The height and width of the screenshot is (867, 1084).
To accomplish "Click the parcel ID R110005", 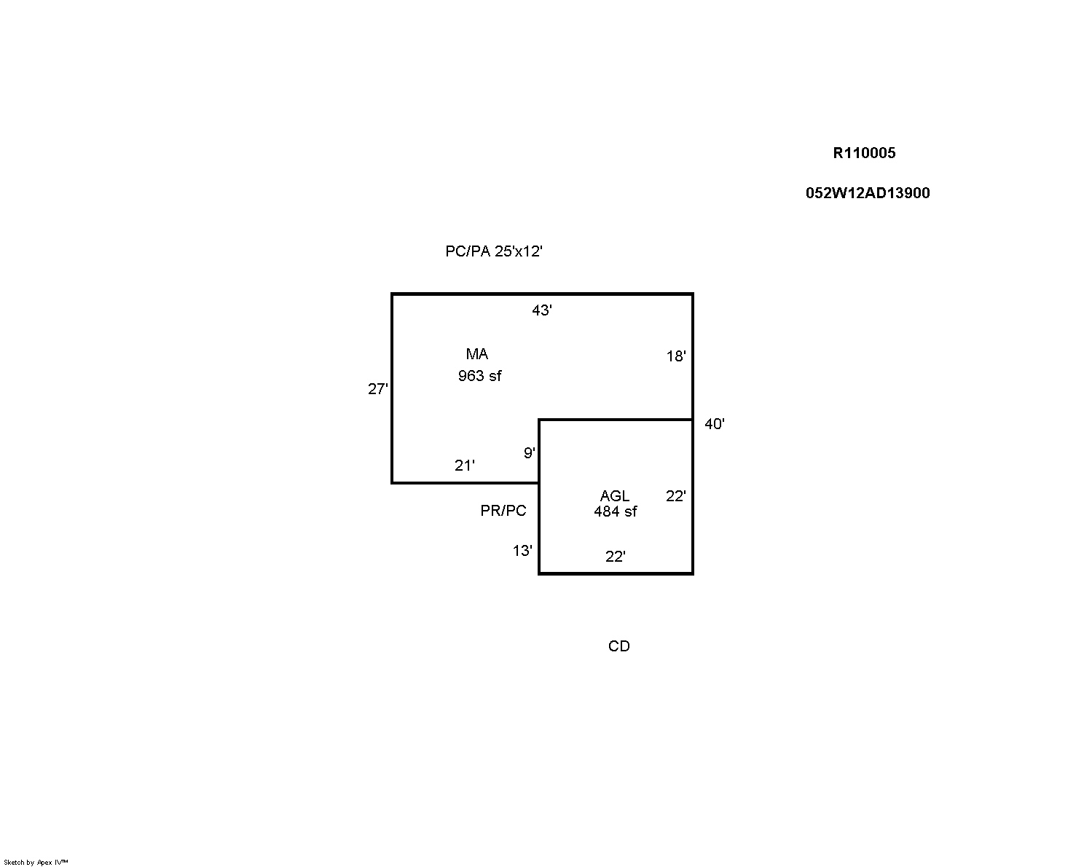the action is [864, 153].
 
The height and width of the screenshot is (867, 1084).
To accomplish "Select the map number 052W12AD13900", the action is [868, 193].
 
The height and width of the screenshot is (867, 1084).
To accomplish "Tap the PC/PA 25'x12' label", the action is [494, 251].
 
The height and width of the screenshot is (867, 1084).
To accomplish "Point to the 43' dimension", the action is [542, 310].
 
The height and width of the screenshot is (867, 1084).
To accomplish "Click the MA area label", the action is [477, 353].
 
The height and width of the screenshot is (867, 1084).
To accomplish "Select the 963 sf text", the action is [479, 376].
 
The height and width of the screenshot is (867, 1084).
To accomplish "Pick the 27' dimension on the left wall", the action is [378, 389].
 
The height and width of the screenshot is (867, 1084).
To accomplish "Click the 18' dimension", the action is [676, 356].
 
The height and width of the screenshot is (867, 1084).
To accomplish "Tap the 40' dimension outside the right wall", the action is [714, 424].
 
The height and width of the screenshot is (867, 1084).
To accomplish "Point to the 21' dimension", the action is [465, 465].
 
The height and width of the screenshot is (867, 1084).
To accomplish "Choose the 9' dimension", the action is [530, 453].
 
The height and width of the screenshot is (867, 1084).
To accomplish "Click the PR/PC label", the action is [503, 510].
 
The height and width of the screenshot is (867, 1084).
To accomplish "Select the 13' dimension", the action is [522, 551].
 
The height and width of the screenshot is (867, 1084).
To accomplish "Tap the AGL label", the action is [615, 495].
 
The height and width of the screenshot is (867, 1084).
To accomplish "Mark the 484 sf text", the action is [615, 511].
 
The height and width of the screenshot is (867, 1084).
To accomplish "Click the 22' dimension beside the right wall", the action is [676, 496].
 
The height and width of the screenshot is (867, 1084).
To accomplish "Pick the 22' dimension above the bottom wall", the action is [616, 556].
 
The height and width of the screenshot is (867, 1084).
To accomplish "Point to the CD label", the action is [619, 646].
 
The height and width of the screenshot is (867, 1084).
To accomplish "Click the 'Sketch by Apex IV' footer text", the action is [36, 862].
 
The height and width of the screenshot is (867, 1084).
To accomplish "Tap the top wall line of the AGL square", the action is [616, 419].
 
